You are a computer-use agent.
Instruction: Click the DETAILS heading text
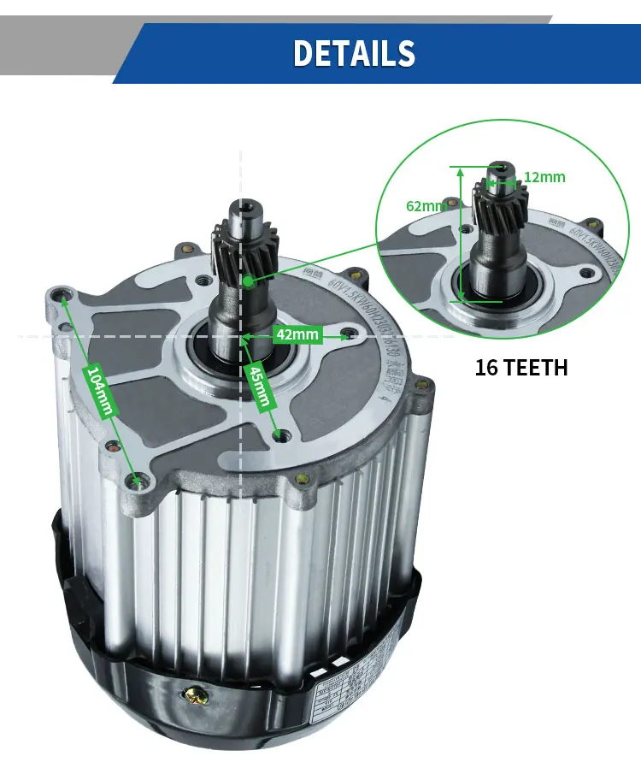click(x=354, y=53)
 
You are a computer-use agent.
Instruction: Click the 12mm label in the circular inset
click(x=544, y=177)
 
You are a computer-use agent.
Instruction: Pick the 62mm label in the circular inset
click(x=425, y=206)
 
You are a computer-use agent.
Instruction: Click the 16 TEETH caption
click(x=520, y=369)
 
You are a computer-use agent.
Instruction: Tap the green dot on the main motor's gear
click(x=247, y=281)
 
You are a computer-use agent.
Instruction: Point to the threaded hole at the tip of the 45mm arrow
click(x=279, y=436)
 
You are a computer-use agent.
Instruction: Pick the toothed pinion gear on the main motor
click(x=244, y=247)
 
